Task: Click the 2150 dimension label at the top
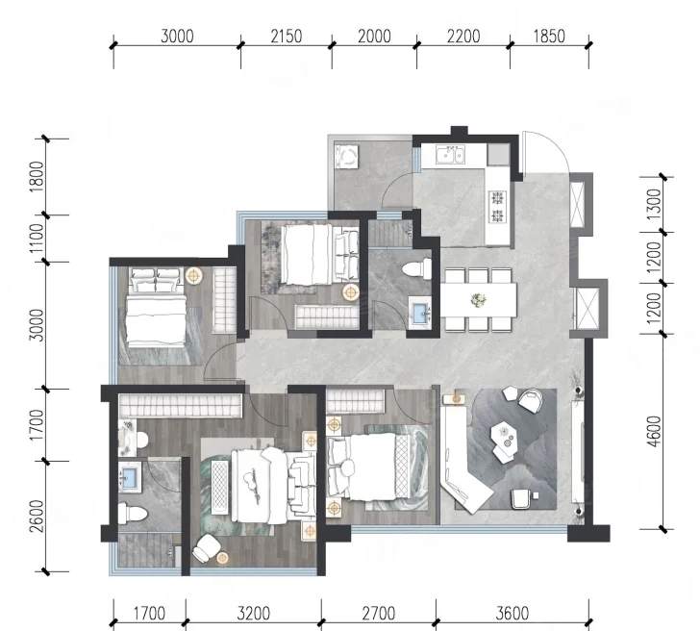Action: [x=287, y=37]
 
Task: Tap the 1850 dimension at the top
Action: [x=549, y=37]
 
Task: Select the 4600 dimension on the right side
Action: [x=654, y=431]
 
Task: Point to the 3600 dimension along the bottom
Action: [x=512, y=614]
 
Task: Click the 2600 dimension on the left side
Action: [x=37, y=516]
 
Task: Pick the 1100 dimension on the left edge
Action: [x=37, y=238]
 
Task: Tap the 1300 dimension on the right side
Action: [x=654, y=204]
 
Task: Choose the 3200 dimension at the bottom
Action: [x=253, y=614]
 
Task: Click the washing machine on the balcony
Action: [x=346, y=156]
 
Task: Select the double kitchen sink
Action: [x=450, y=155]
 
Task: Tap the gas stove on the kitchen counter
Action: [x=497, y=207]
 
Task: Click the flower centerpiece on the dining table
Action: [x=479, y=300]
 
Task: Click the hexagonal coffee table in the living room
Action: [x=506, y=432]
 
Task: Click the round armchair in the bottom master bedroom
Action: [x=206, y=548]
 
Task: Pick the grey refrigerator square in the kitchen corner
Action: [x=498, y=155]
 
